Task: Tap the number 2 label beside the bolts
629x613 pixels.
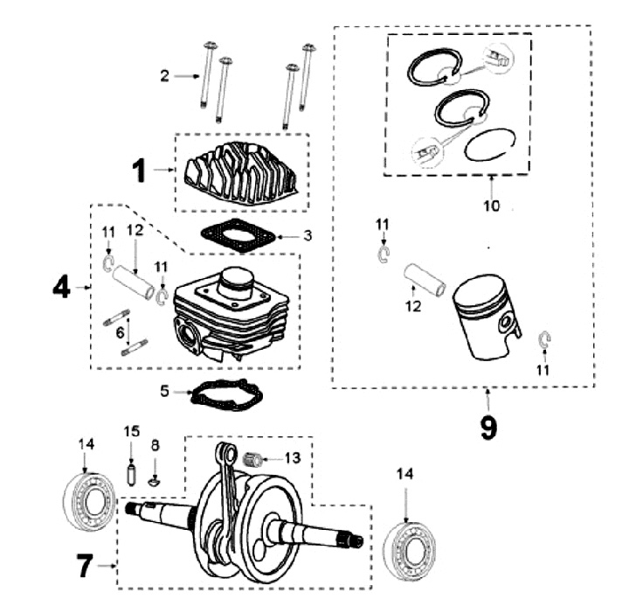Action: pyautogui.click(x=164, y=76)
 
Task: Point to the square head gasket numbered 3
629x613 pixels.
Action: pyautogui.click(x=236, y=233)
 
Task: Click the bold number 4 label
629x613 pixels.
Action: pyautogui.click(x=60, y=286)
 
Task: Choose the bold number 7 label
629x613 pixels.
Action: pyautogui.click(x=84, y=567)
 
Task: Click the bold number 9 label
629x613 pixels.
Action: pyautogui.click(x=487, y=426)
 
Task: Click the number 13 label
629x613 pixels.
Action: pyautogui.click(x=292, y=458)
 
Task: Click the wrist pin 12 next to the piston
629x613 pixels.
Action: pyautogui.click(x=424, y=277)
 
